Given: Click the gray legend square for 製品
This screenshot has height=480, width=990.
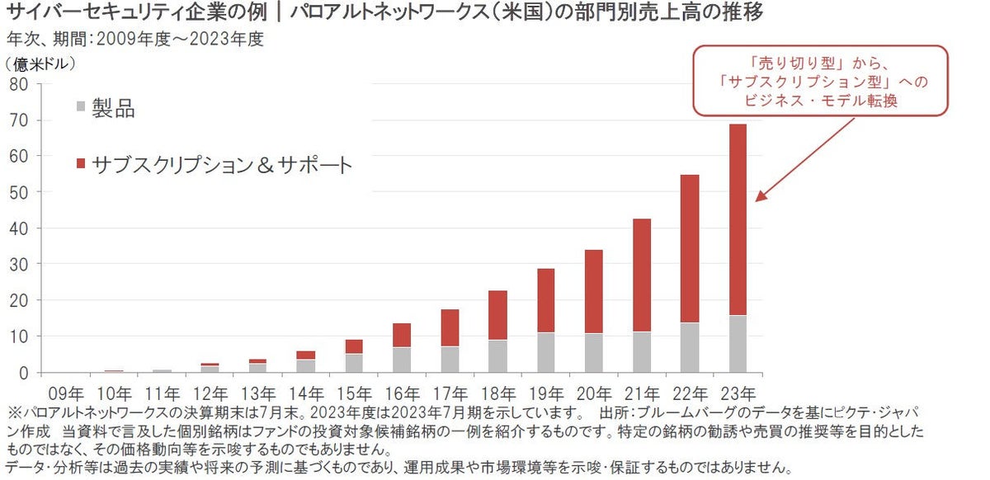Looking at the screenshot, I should (x=80, y=107).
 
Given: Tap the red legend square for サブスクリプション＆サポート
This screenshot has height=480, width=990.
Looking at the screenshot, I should (x=80, y=166).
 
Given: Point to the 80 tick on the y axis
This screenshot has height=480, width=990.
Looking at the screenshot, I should (x=19, y=84).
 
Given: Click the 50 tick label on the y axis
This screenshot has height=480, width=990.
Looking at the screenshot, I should (x=19, y=192).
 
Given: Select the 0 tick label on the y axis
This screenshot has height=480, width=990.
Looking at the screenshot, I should (x=24, y=373).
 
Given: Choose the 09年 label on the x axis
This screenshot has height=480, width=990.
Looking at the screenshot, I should (x=64, y=392).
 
